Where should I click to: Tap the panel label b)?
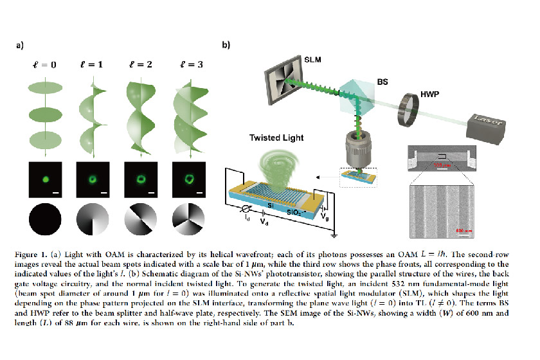[226, 46]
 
